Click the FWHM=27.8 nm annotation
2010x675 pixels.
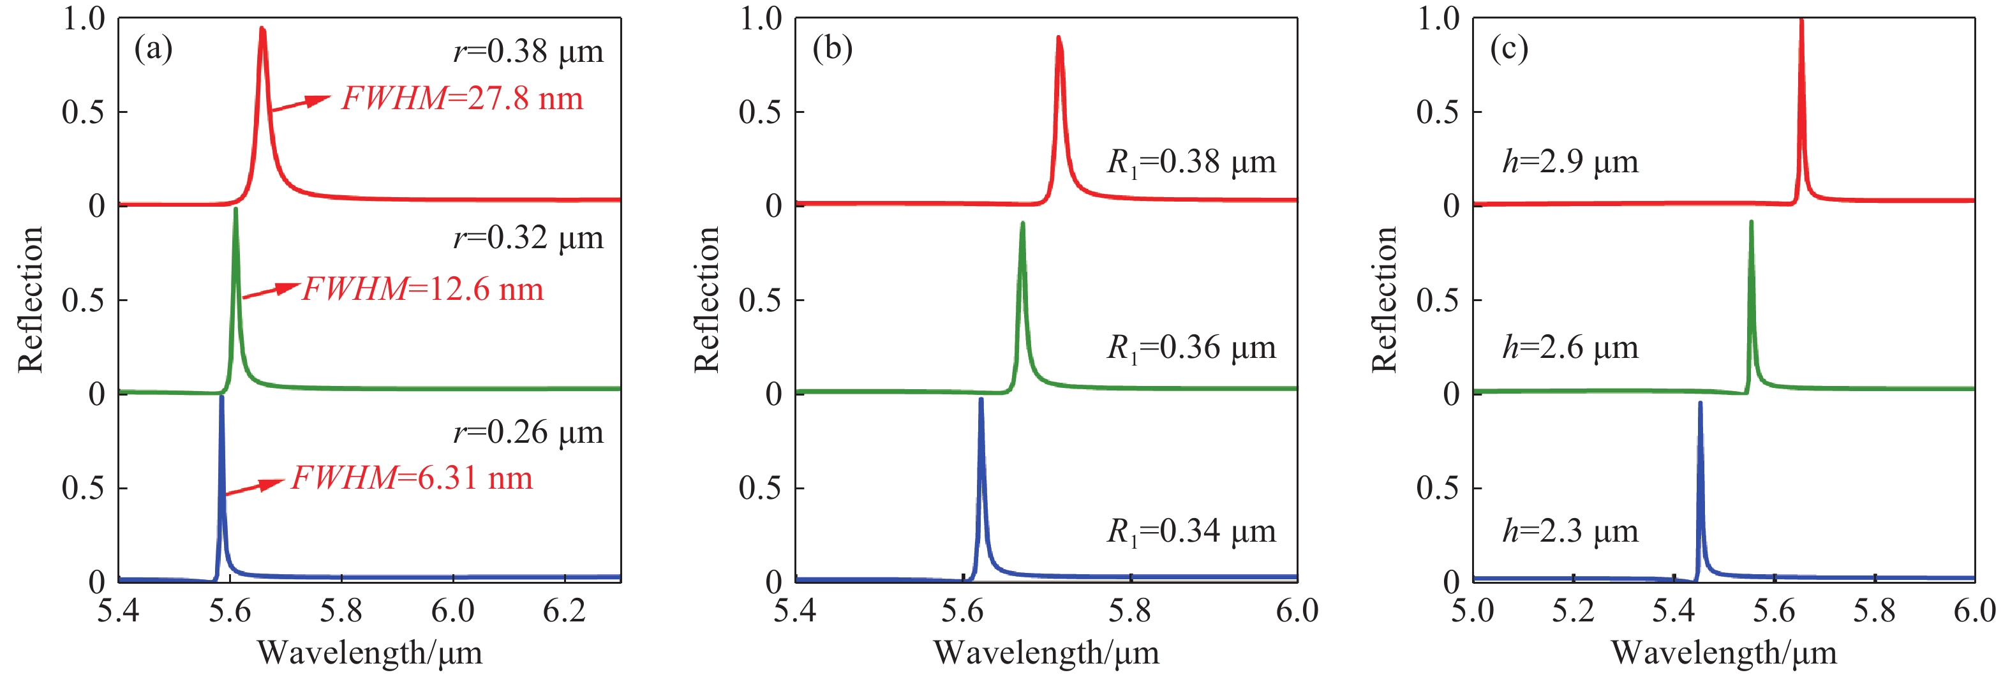tap(462, 99)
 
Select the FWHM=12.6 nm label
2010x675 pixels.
tap(422, 290)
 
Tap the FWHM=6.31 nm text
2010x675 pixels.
tap(412, 478)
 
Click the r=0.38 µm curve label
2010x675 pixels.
tap(528, 52)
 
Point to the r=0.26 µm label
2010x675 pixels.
tap(528, 433)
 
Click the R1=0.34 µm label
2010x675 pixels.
tap(1191, 532)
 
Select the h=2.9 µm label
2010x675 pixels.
tap(1570, 162)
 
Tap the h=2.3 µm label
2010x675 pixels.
tap(1570, 532)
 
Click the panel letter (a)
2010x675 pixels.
tap(153, 48)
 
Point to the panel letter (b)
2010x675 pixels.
tap(832, 48)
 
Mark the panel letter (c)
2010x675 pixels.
tap(1509, 48)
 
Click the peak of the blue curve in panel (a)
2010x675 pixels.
tap(221, 398)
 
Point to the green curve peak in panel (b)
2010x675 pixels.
tap(1022, 224)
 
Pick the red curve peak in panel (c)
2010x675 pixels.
tap(1801, 21)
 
